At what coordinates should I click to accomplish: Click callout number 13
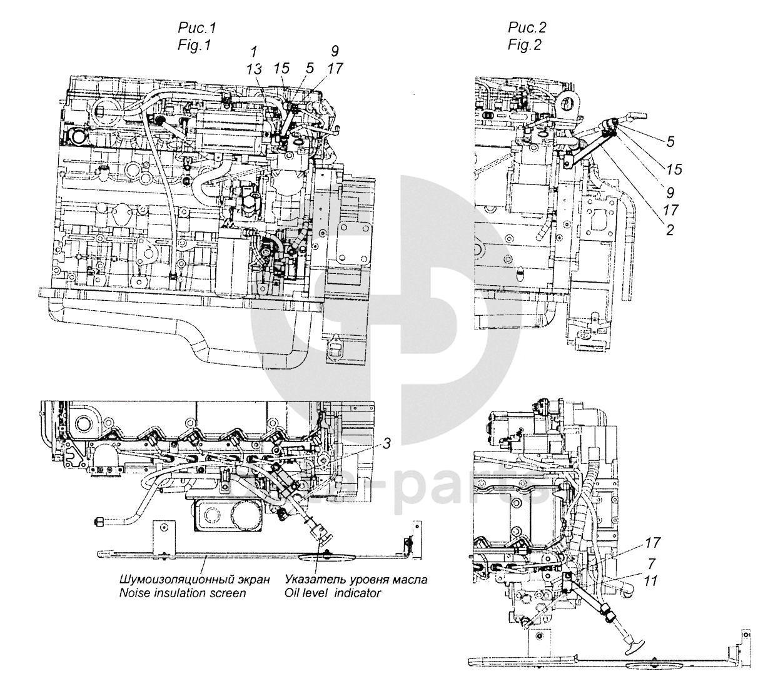tap(255, 71)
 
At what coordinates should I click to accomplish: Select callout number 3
tap(387, 444)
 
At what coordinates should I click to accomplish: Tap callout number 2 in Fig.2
tap(670, 230)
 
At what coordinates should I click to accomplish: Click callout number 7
tap(652, 562)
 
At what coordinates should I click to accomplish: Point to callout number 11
tap(651, 581)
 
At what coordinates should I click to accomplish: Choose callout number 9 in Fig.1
tap(335, 51)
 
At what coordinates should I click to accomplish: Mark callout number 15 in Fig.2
tap(673, 169)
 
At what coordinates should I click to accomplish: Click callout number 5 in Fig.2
tap(670, 142)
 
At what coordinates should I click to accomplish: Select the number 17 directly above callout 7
tap(652, 542)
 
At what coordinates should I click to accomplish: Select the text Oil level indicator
tap(332, 592)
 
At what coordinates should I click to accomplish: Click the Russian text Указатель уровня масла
tap(356, 579)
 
